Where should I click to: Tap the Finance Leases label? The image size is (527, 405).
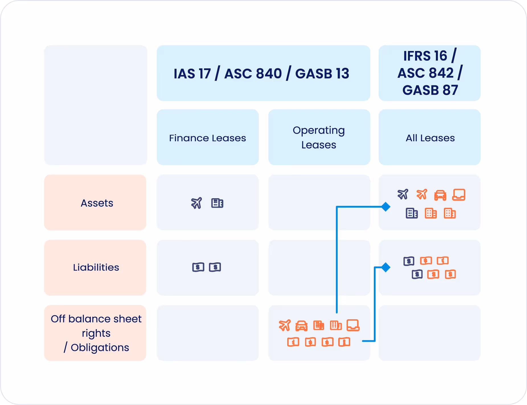click(208, 138)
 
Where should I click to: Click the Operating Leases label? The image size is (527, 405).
click(319, 137)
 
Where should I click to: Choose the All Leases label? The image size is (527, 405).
click(430, 138)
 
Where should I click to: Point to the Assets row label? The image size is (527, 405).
click(97, 203)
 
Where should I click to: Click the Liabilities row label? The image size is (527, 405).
click(96, 267)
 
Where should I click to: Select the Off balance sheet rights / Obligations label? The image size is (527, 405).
click(96, 333)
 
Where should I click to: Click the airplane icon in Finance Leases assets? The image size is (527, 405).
click(196, 203)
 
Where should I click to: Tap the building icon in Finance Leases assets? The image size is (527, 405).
click(217, 203)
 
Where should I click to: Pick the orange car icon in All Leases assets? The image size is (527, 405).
click(440, 195)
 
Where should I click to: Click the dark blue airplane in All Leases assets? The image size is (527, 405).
click(403, 194)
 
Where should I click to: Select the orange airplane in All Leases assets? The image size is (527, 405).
click(422, 194)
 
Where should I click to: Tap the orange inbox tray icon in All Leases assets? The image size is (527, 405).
click(459, 195)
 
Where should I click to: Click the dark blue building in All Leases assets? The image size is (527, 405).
click(412, 213)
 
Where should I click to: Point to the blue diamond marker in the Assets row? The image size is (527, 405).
click(386, 207)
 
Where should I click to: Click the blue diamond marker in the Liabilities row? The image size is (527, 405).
click(386, 267)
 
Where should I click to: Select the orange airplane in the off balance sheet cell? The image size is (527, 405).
click(285, 325)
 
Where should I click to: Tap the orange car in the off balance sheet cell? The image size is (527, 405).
click(302, 326)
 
